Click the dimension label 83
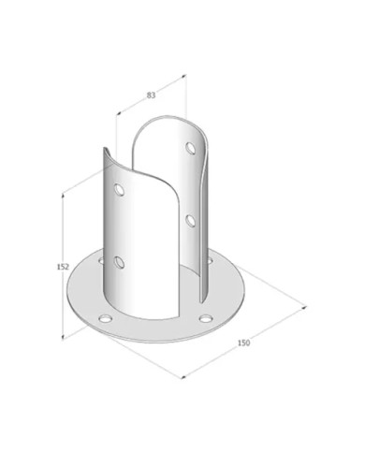pos(151,95)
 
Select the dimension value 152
pos(63,267)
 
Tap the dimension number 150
pos(243,343)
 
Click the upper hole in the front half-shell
pos(119,190)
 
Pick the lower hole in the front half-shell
pos(119,262)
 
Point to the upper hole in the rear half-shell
pos(190,148)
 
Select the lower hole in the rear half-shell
pos(190,220)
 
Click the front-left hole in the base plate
pos(105,318)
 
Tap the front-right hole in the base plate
pos(205,318)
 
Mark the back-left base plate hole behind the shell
pos(101,260)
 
